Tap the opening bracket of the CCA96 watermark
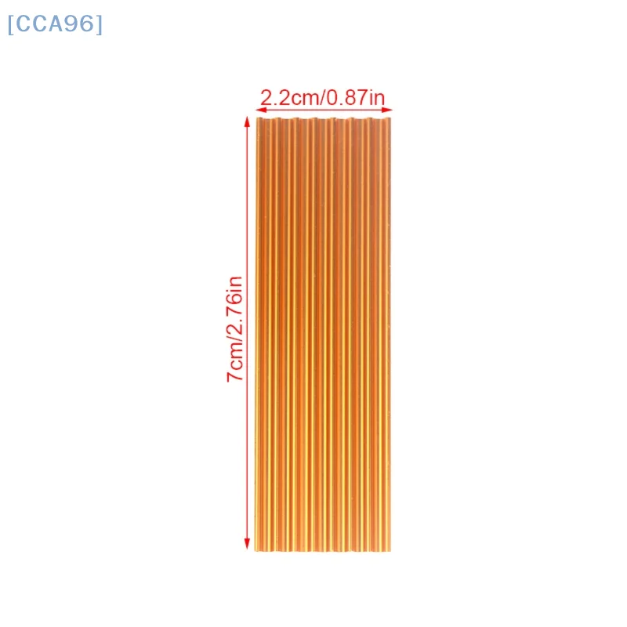point(11,24)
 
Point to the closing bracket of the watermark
point(99,24)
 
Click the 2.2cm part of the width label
point(285,98)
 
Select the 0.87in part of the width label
point(356,98)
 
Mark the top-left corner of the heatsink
point(257,119)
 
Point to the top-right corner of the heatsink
point(390,119)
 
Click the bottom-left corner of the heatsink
point(257,550)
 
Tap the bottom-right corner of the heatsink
point(390,550)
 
